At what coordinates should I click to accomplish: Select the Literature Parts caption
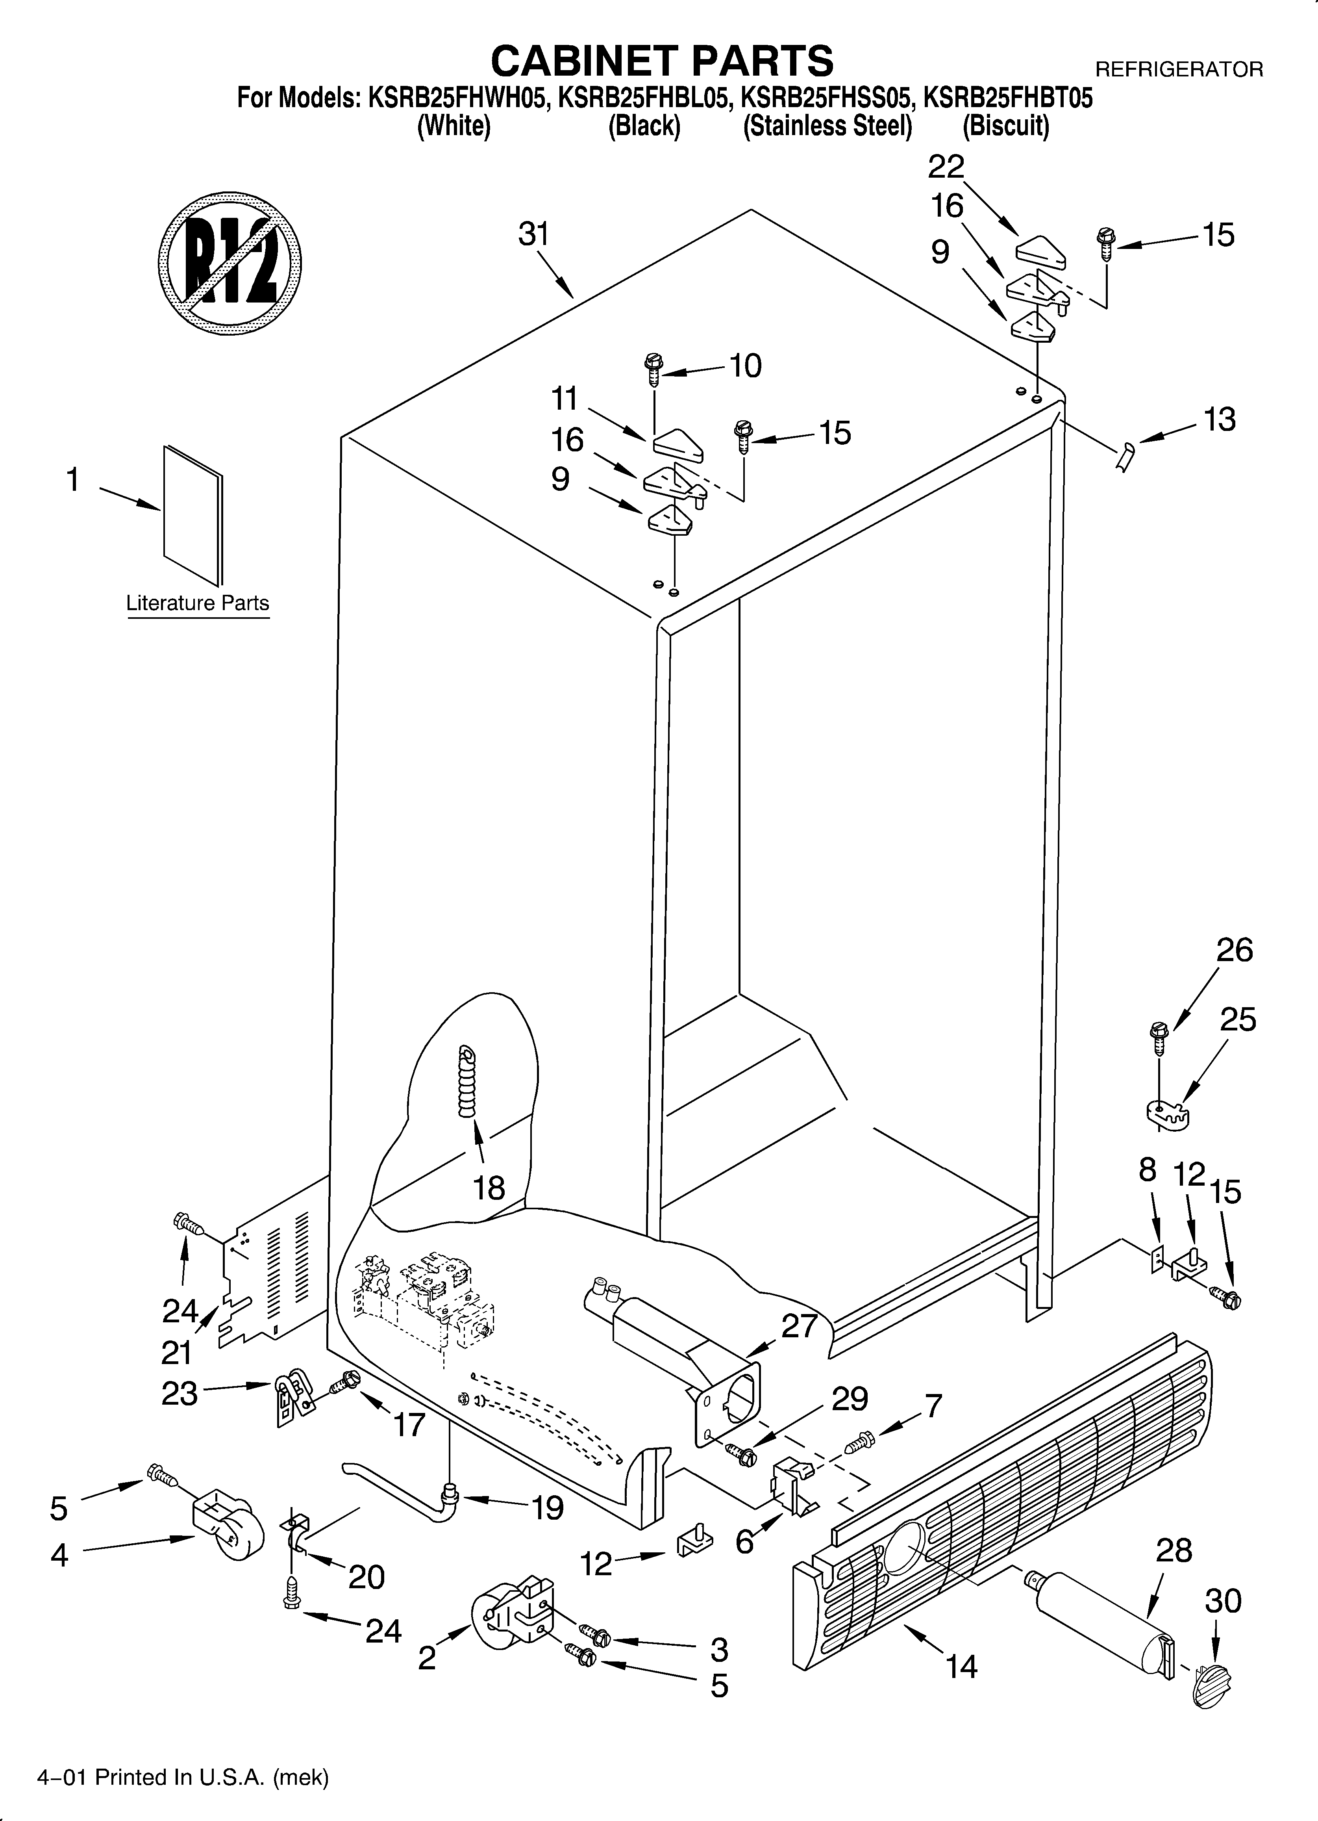[198, 603]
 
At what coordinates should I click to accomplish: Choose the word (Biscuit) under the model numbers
[1006, 126]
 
